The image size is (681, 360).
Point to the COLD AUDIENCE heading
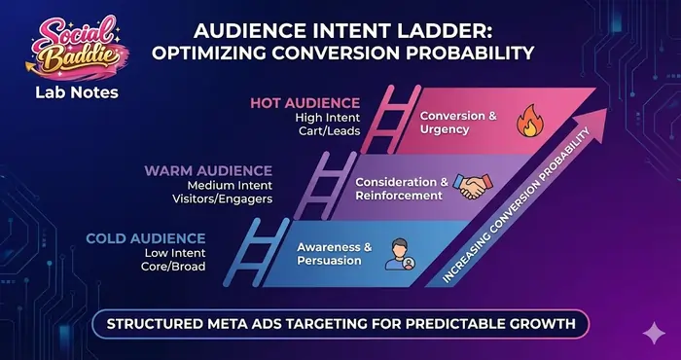[x=145, y=238]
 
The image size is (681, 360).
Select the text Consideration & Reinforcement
[x=401, y=188]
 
